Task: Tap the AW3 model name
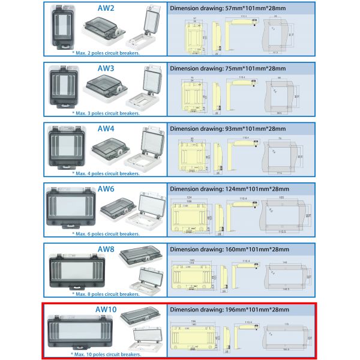pos(106,68)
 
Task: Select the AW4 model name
pos(106,128)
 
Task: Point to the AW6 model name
pos(106,189)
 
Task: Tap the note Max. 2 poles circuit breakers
pos(106,53)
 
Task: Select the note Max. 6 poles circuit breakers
pos(106,233)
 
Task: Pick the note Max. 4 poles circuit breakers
pos(106,173)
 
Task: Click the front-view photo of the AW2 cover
pos(63,26)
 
